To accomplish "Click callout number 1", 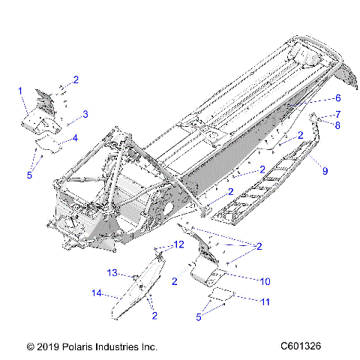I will pos(20,90).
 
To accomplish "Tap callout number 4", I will pos(74,139).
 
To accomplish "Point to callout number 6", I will pos(337,98).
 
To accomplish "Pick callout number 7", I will pos(337,114).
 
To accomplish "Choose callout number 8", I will pos(337,125).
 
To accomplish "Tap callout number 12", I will pos(178,244).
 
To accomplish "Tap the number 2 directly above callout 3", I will pos(75,79).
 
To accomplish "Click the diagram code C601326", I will pos(301,347).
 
